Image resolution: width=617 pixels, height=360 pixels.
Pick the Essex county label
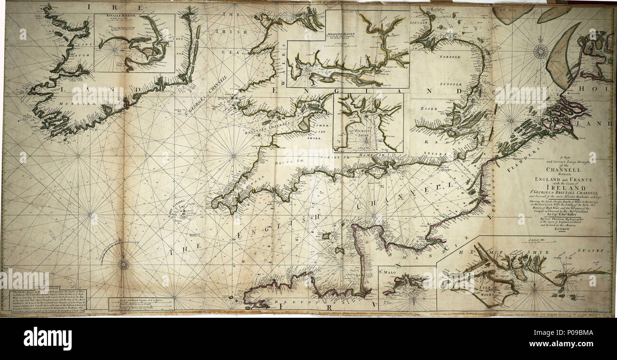click(x=429, y=109)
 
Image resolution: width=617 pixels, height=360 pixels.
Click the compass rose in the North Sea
click(x=540, y=51)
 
